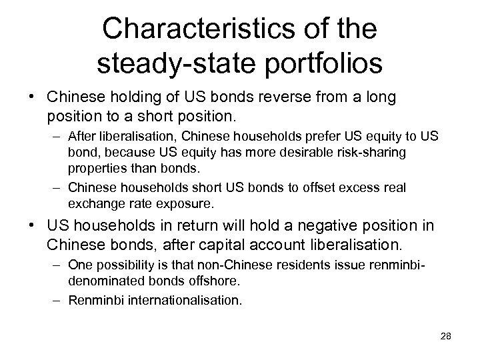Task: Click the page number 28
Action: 445,337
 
